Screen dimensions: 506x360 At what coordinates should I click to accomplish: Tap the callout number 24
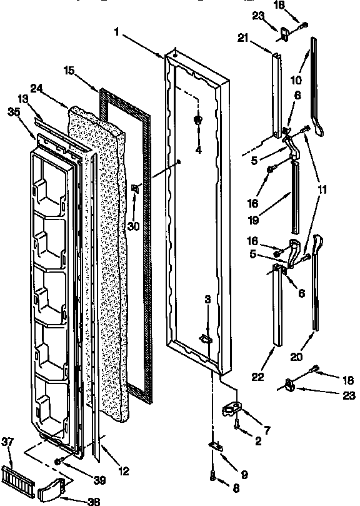click(x=36, y=88)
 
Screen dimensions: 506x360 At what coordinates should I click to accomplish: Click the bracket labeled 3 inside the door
click(x=206, y=338)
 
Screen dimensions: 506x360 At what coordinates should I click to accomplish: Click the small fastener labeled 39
click(x=58, y=462)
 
